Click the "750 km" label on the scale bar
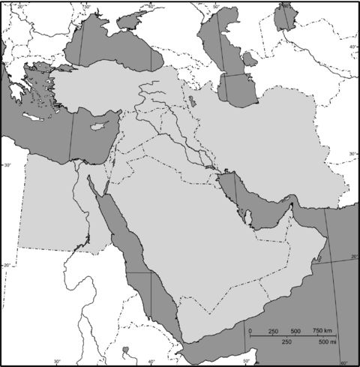[x=323, y=331]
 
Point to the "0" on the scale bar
[x=249, y=331]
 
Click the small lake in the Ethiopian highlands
[x=127, y=348]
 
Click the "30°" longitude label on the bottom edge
[x=56, y=362]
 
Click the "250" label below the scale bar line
[x=286, y=342]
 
